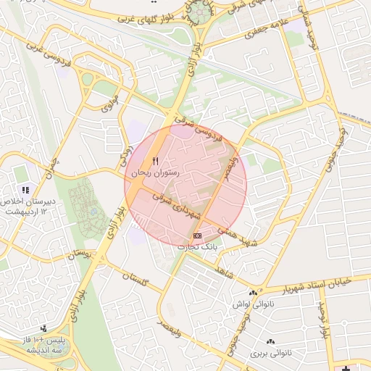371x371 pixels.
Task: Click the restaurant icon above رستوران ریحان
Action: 154,162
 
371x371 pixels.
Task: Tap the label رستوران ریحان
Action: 154,174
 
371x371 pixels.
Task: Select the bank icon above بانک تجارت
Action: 197,236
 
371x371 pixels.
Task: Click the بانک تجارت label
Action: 197,247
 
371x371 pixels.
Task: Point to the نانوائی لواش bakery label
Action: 253,304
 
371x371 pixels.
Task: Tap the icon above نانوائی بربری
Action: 270,341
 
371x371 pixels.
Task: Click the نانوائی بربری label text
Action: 270,354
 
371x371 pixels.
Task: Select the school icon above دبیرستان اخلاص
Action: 25,190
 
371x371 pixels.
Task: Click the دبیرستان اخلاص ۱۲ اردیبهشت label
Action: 25,207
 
